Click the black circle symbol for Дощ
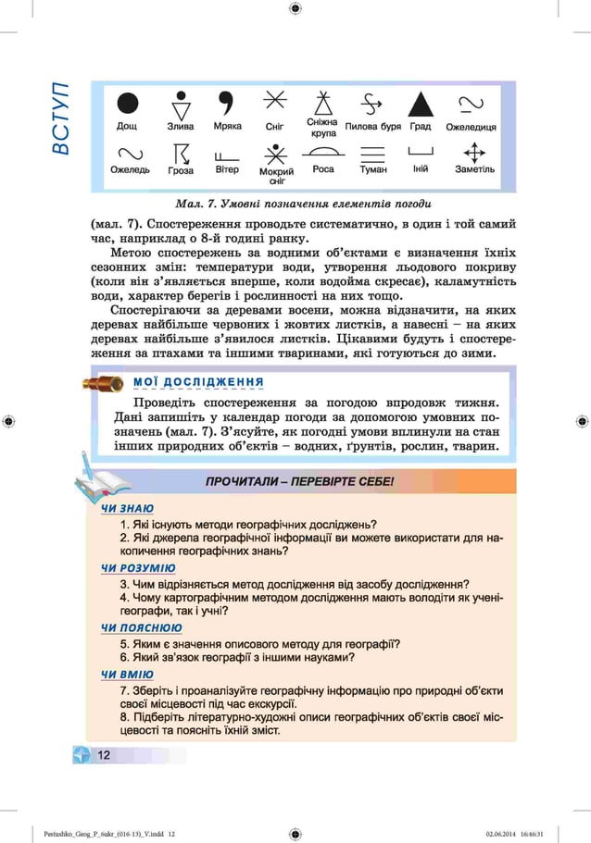point(128,104)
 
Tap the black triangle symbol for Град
point(420,104)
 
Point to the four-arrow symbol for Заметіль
point(474,153)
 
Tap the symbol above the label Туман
point(372,154)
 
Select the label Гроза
point(181,171)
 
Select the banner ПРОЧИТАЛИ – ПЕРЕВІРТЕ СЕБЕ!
point(299,482)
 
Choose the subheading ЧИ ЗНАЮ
point(127,508)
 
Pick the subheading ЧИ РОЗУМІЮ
point(138,568)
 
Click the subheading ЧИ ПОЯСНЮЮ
point(141,628)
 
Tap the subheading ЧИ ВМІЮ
point(127,675)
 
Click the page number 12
point(103,755)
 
